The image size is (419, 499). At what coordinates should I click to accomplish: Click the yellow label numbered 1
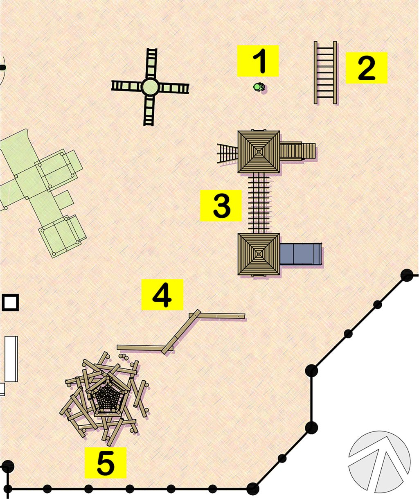pyautogui.click(x=258, y=61)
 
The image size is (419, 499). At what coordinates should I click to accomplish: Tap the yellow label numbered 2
pyautogui.click(x=366, y=68)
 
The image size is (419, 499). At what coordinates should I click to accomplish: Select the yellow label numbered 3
pyautogui.click(x=221, y=206)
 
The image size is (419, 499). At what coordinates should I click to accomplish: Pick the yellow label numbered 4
pyautogui.click(x=162, y=295)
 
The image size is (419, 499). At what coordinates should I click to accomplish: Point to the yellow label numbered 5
pyautogui.click(x=105, y=463)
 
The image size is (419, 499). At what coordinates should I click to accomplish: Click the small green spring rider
pyautogui.click(x=259, y=87)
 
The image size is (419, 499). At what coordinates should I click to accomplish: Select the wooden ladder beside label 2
pyautogui.click(x=325, y=72)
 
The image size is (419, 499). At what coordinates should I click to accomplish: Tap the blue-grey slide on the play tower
pyautogui.click(x=301, y=254)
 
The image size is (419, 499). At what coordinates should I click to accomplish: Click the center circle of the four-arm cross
pyautogui.click(x=150, y=87)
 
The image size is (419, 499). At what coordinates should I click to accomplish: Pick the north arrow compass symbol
pyautogui.click(x=379, y=462)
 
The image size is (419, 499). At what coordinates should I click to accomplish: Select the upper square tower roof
pyautogui.click(x=259, y=151)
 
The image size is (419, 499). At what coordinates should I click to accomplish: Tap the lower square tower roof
pyautogui.click(x=259, y=254)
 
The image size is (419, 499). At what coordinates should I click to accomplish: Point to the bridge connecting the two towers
pyautogui.click(x=259, y=203)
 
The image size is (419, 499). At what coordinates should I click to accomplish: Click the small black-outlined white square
pyautogui.click(x=10, y=303)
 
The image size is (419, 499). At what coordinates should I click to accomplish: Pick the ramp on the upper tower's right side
pyautogui.click(x=297, y=151)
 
